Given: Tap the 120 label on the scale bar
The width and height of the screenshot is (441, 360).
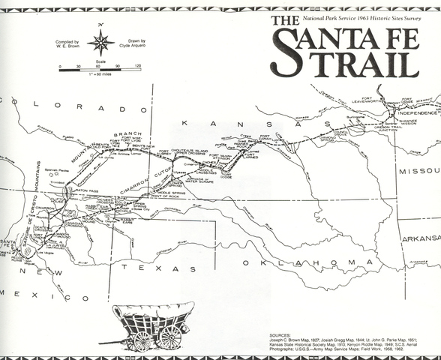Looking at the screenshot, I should [x=137, y=67].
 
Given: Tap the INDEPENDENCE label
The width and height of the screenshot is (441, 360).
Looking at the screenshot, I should [x=411, y=113].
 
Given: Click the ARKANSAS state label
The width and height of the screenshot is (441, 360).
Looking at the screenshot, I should [x=420, y=238].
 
